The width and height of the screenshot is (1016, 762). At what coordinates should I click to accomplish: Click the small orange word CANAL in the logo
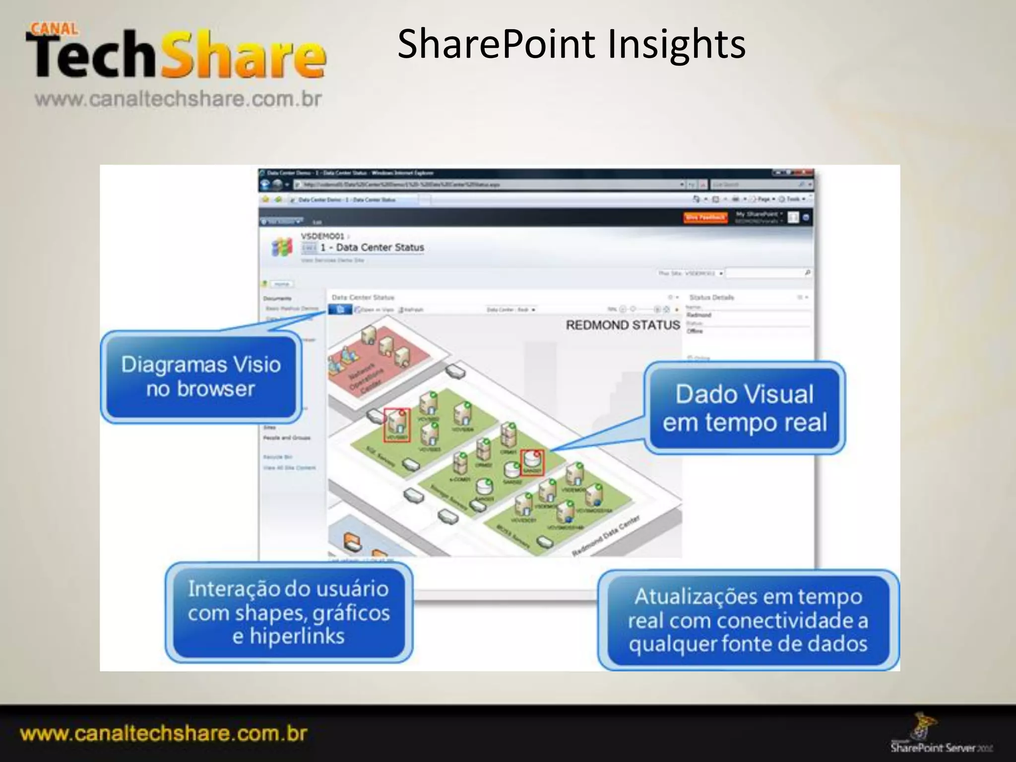55,28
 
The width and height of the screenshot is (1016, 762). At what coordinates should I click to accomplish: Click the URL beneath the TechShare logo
178,99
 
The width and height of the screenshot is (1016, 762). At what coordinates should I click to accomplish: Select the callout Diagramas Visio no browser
200,377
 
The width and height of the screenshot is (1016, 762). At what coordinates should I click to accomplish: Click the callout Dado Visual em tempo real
744,408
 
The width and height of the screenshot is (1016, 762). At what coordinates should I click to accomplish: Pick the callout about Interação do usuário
289,612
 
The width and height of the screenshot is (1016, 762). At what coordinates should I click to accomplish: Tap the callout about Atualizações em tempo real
748,620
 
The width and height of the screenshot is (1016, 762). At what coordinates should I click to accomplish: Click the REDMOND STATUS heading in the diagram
623,325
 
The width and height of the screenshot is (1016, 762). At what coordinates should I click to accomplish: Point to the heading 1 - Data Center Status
372,247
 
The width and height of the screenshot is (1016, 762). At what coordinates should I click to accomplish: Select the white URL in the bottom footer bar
164,733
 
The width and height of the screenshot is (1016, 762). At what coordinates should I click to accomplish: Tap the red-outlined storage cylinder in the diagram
532,462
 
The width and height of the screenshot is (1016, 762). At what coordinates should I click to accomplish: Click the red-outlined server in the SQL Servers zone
397,425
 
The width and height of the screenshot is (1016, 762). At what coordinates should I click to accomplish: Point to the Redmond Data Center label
606,536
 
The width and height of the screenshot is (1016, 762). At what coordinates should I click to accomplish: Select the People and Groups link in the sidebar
287,438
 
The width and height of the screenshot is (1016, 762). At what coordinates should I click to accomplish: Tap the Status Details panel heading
711,297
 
